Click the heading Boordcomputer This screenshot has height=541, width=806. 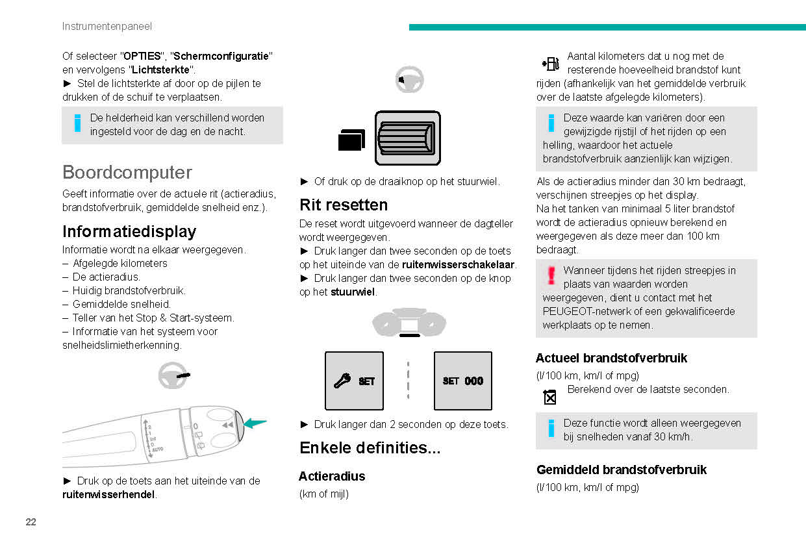pyautogui.click(x=127, y=173)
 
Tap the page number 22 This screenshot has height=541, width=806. pyautogui.click(x=31, y=522)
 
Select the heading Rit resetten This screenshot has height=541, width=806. pyautogui.click(x=344, y=205)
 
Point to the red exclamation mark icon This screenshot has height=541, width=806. pyautogui.click(x=551, y=275)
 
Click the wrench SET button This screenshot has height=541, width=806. pyautogui.click(x=354, y=381)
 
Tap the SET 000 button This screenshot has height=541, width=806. pyautogui.click(x=463, y=381)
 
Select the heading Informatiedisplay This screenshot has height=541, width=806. pyautogui.click(x=129, y=232)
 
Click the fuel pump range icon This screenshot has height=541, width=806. pyautogui.click(x=549, y=64)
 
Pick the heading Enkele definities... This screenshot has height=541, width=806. pyautogui.click(x=370, y=448)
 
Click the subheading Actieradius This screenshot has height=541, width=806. pyautogui.click(x=332, y=476)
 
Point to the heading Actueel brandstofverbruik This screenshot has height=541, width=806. pyautogui.click(x=611, y=358)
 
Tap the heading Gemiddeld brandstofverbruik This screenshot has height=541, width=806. pyautogui.click(x=621, y=470)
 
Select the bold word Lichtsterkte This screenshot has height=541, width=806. pyautogui.click(x=161, y=69)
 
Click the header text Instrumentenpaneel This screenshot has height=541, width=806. pyautogui.click(x=107, y=27)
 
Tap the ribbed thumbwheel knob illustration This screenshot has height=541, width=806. pyautogui.click(x=408, y=138)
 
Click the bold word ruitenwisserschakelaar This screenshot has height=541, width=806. pyautogui.click(x=459, y=264)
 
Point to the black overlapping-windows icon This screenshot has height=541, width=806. pyautogui.click(x=351, y=139)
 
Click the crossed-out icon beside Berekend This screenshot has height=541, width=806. pyautogui.click(x=550, y=396)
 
